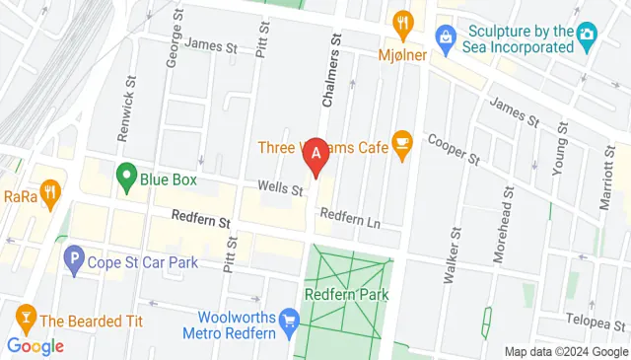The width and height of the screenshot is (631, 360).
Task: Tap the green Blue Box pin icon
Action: point(126,178)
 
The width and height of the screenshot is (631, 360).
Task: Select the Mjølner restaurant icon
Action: point(402,22)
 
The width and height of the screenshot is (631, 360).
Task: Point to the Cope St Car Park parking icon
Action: point(73,261)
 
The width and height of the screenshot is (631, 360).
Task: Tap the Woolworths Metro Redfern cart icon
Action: point(289,322)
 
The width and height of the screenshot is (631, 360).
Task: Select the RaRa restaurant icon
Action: point(48,189)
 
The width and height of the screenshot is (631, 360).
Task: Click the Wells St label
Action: point(279,184)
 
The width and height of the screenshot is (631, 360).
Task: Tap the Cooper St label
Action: point(454,147)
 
